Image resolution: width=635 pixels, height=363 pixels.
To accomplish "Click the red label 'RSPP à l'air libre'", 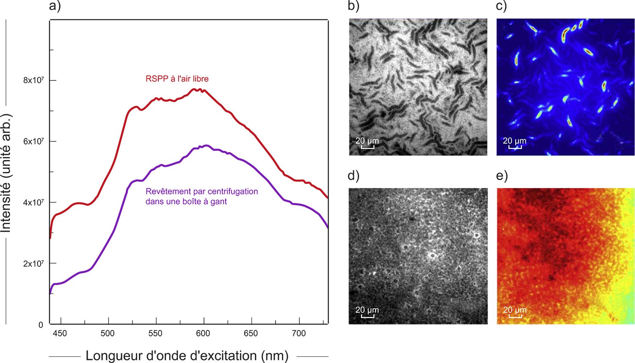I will [177, 79].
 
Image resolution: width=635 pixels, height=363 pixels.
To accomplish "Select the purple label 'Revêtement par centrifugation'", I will [202, 191].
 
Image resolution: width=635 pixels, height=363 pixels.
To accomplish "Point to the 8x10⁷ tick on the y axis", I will [33, 80].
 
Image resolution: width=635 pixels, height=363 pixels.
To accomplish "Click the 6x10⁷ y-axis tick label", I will [33, 141].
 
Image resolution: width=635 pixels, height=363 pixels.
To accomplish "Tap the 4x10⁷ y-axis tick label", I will [33, 202].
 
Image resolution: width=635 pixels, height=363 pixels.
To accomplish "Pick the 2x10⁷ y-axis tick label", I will [33, 263].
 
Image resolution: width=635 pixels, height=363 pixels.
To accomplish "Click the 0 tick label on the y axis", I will [41, 325].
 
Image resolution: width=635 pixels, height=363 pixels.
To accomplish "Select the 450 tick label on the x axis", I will [60, 334].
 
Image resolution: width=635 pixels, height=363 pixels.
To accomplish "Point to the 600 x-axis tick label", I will [203, 334].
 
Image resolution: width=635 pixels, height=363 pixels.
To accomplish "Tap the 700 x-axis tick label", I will [299, 334].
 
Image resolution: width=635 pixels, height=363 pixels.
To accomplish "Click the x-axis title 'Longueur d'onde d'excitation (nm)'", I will [187, 355].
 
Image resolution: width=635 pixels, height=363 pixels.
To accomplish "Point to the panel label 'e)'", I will [501, 175].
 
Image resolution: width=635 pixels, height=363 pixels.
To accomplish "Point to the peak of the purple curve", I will [206, 145].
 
